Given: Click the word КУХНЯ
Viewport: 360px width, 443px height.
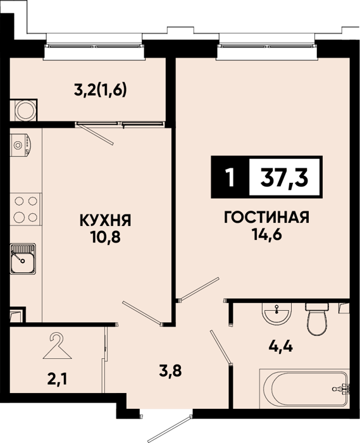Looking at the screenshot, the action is click(x=105, y=220).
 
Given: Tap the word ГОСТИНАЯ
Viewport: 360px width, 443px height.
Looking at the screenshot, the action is click(x=266, y=218).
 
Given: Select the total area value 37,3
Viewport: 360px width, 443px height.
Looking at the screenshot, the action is click(x=284, y=178).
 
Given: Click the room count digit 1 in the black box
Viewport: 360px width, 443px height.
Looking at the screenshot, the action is click(x=231, y=178).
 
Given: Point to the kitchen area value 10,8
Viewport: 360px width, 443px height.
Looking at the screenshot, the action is click(x=105, y=237).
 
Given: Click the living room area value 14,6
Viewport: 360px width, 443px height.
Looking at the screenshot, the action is click(x=266, y=235).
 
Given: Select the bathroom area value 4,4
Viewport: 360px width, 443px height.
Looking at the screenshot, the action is click(x=281, y=346).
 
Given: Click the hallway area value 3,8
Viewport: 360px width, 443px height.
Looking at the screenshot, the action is click(x=171, y=371).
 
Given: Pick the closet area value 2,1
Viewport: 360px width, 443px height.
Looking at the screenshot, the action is click(x=58, y=380).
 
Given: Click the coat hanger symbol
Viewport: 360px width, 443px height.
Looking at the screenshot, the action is click(x=58, y=346).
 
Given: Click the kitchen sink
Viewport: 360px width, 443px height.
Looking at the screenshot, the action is click(x=23, y=259).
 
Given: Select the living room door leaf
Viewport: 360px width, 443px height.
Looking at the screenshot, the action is click(x=199, y=289).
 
